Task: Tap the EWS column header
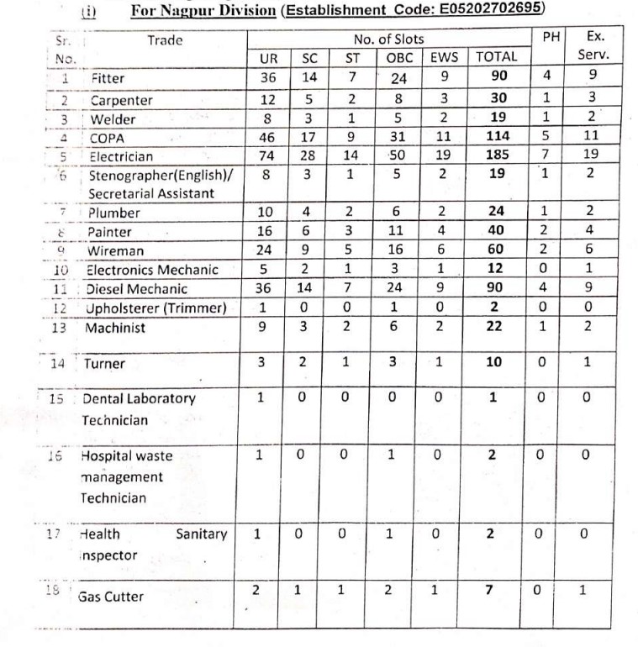click(x=442, y=57)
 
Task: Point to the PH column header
click(x=552, y=39)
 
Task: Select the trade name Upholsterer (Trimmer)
click(x=157, y=308)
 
